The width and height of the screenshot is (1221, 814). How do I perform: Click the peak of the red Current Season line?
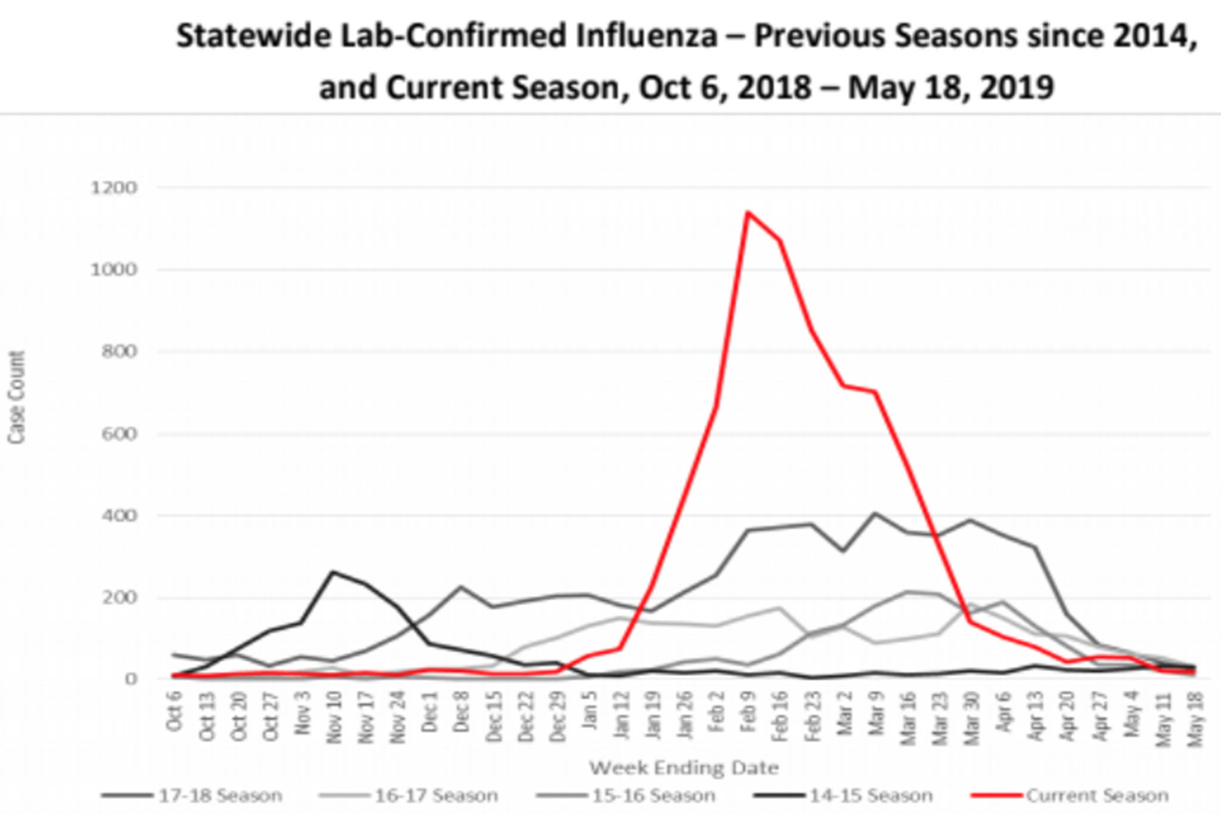click(748, 212)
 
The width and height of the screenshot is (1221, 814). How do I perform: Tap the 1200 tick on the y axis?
click(113, 188)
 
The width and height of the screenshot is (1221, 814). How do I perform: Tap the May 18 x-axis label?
click(1195, 723)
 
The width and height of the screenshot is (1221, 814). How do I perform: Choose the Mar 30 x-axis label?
click(972, 723)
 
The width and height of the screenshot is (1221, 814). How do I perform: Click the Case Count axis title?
click(17, 397)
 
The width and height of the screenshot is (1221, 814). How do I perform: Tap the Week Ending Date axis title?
click(684, 767)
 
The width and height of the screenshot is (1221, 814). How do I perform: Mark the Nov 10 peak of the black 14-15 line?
click(333, 572)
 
